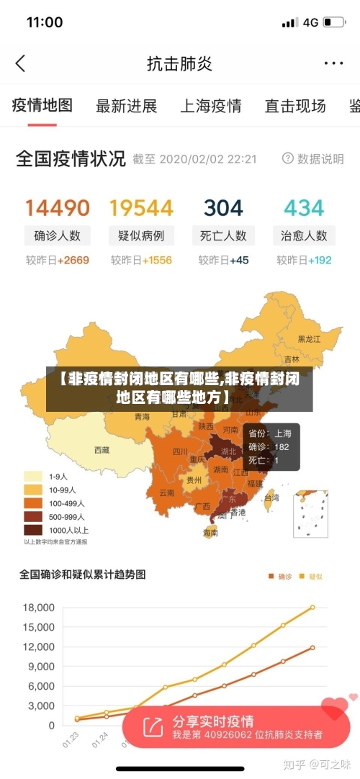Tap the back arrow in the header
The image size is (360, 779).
pyautogui.click(x=20, y=63)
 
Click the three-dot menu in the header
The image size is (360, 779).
pyautogui.click(x=333, y=63)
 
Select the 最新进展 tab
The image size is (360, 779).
pyautogui.click(x=127, y=107)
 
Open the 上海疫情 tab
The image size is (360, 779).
pyautogui.click(x=210, y=107)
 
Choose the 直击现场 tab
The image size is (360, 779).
pyautogui.click(x=295, y=107)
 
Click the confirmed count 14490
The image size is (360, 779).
pyautogui.click(x=58, y=208)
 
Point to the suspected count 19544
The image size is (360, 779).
pyautogui.click(x=141, y=208)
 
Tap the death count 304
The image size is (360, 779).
pyautogui.click(x=223, y=208)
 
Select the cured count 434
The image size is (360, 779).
pyautogui.click(x=304, y=208)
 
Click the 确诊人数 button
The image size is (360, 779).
pyautogui.click(x=58, y=235)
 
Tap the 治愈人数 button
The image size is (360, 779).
pyautogui.click(x=304, y=235)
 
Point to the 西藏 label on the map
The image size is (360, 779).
pyautogui.click(x=102, y=450)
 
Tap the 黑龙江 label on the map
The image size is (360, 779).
pyautogui.click(x=309, y=338)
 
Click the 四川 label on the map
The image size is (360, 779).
pyautogui.click(x=180, y=452)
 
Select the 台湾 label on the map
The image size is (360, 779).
pyautogui.click(x=271, y=497)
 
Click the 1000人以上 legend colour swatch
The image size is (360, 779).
pyautogui.click(x=33, y=530)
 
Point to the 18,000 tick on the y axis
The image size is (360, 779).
pyautogui.click(x=39, y=607)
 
